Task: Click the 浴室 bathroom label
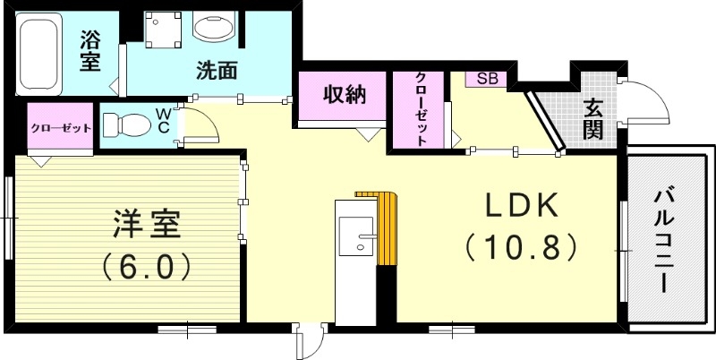point(89,51)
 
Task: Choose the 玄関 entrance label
point(592,119)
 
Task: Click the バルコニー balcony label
point(664,240)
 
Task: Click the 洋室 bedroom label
point(148,224)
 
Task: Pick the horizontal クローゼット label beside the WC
point(61,128)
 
